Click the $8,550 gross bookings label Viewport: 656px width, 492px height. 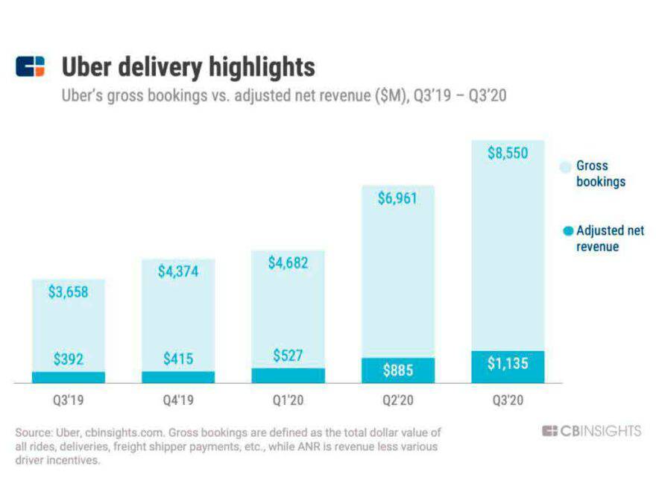[508, 154]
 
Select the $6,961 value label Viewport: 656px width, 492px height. [397, 199]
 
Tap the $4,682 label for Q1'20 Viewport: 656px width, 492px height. [288, 263]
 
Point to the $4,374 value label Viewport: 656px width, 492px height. [178, 271]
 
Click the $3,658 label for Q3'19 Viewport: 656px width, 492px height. [68, 291]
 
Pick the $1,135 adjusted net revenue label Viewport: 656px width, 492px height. [508, 364]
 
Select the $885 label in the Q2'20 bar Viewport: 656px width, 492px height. [397, 369]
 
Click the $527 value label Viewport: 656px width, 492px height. [288, 356]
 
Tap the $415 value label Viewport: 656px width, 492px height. [178, 359]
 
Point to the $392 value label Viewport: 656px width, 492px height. [68, 359]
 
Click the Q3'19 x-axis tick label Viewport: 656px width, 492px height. [68, 400]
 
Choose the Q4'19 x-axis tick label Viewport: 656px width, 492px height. [178, 400]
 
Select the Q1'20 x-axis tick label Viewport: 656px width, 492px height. [288, 400]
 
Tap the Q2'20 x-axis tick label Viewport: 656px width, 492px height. [397, 400]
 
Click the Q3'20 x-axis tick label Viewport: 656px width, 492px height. [508, 400]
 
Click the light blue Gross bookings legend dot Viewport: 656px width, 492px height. [567, 166]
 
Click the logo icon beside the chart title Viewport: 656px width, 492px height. [31, 66]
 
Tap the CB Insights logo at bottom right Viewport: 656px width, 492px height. [591, 431]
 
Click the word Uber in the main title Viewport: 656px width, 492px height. [85, 67]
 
